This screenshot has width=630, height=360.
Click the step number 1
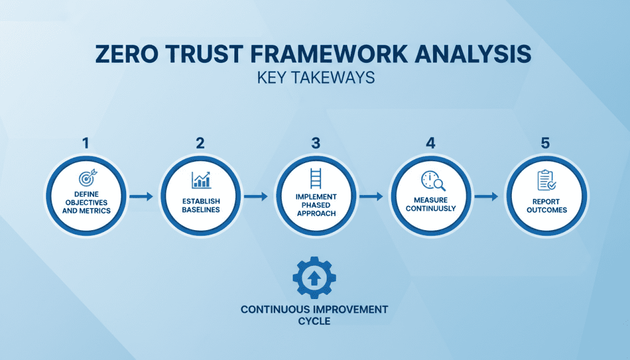tap(86, 143)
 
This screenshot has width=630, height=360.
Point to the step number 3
tap(315, 143)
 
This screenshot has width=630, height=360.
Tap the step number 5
tap(544, 143)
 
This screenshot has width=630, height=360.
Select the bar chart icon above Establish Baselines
tap(201, 179)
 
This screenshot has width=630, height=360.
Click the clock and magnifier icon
tap(431, 180)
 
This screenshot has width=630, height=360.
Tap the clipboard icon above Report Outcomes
tap(545, 180)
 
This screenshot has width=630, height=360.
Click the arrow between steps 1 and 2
tap(143, 197)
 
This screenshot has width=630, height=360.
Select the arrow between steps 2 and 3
tap(257, 197)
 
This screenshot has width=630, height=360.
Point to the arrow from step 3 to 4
tap(372, 197)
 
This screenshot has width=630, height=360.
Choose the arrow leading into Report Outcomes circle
tap(487, 197)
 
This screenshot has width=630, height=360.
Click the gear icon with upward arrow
tap(314, 278)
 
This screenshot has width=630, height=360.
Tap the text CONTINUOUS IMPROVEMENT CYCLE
tap(314, 314)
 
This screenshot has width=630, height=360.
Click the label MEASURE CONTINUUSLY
tap(431, 204)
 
